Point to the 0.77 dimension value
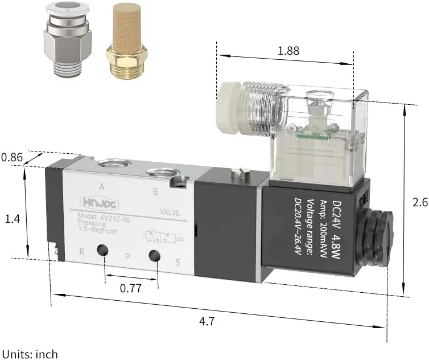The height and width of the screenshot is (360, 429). click(x=130, y=288)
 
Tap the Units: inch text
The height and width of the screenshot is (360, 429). click(x=30, y=354)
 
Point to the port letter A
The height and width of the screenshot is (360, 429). click(x=101, y=186)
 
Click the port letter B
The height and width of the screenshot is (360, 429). click(x=155, y=191)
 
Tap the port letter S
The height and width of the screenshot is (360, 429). click(x=177, y=263)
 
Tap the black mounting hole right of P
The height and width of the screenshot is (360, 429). click(x=154, y=257)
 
